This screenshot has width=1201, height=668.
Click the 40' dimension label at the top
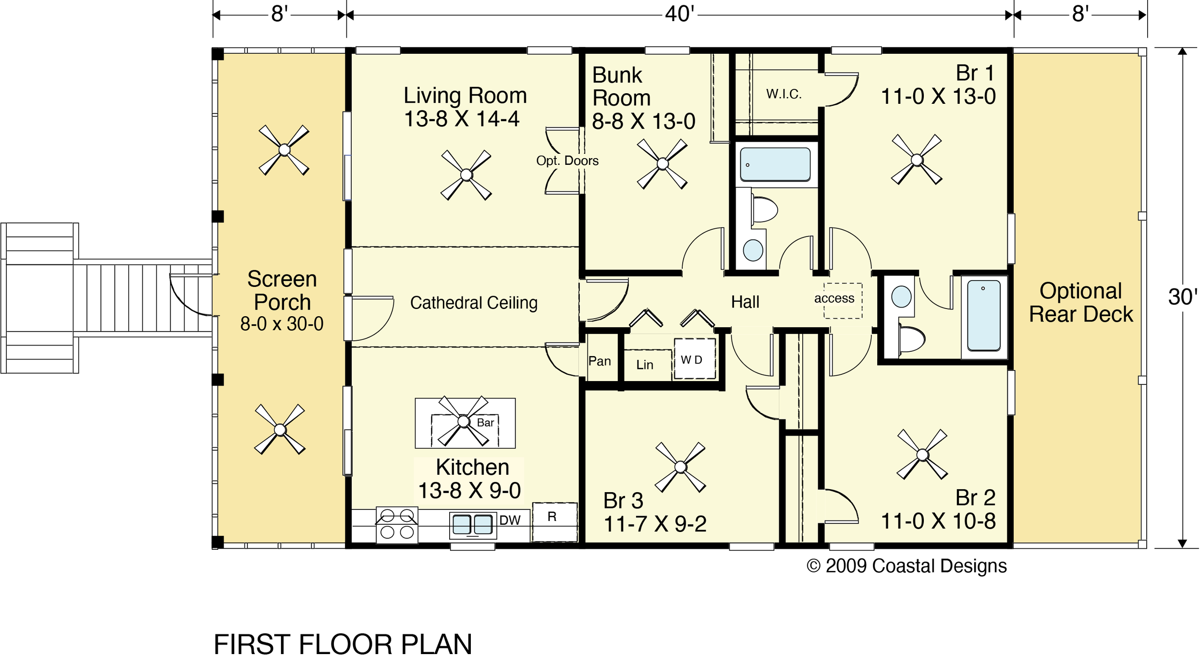[679, 14]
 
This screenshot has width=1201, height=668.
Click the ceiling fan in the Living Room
[466, 175]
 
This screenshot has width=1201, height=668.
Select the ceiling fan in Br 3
[680, 467]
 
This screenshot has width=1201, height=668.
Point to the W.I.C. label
[784, 94]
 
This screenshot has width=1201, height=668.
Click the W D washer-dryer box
[694, 359]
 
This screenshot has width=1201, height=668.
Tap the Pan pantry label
[600, 361]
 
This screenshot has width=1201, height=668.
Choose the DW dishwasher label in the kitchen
[510, 520]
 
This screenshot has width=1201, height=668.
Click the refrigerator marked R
[554, 521]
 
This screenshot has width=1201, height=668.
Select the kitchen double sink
[473, 525]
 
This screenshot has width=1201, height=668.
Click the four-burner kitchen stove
[397, 525]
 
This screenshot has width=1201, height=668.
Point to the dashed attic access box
[843, 300]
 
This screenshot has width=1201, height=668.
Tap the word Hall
[745, 302]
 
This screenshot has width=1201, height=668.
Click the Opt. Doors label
[567, 161]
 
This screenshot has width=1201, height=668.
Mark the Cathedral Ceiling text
[474, 303]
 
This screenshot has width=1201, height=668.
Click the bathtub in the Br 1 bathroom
[983, 316]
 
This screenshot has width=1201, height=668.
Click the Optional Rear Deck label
[1081, 303]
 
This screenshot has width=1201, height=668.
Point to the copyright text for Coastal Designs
[907, 566]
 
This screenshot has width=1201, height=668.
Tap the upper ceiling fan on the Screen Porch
[284, 150]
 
